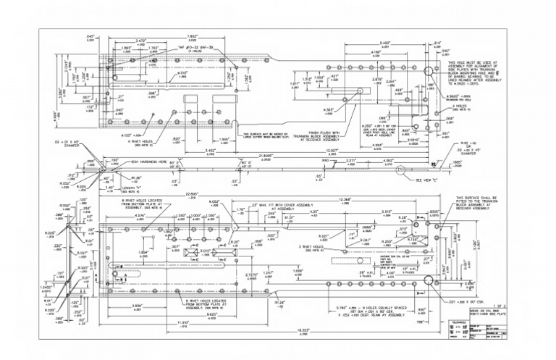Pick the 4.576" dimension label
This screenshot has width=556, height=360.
point(140,216)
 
